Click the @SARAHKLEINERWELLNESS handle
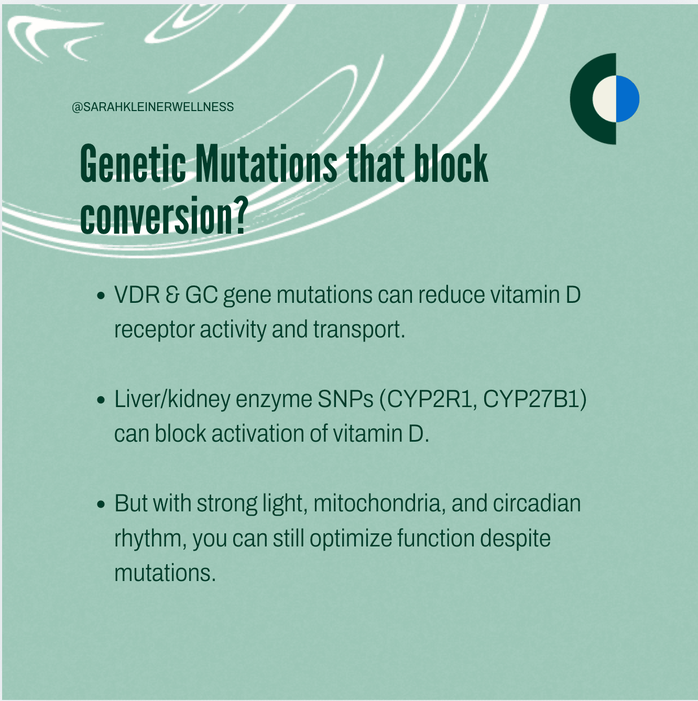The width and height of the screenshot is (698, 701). tap(153, 107)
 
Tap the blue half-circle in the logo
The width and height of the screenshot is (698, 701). tap(628, 98)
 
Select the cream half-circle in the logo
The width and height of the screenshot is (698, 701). tap(605, 98)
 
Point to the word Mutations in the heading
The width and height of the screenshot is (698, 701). tap(266, 163)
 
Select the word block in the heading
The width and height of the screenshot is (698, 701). tap(451, 163)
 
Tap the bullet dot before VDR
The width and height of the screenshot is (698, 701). tap(101, 295)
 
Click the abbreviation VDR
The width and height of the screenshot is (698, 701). tap(137, 294)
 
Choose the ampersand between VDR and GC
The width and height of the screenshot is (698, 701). tap(172, 294)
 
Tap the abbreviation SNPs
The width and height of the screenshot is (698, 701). tap(346, 399)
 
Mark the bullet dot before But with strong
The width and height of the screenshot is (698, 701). tap(101, 505)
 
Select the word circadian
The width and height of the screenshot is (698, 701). tap(537, 503)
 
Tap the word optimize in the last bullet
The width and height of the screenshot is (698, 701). tap(351, 539)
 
